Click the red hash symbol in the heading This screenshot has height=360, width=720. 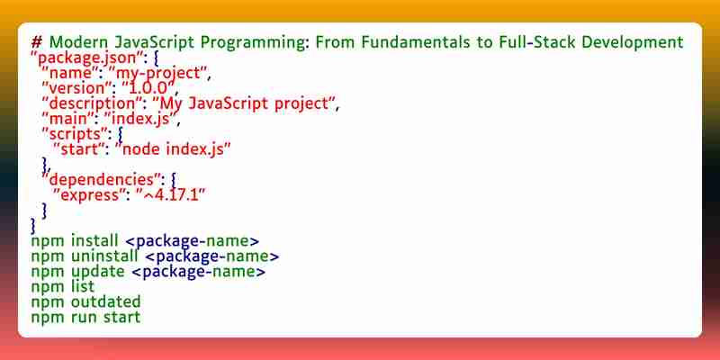(37, 42)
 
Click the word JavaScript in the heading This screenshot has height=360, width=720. (155, 42)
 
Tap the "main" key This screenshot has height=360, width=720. (67, 119)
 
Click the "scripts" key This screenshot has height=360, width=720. (75, 134)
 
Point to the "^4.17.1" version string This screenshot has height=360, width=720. (170, 195)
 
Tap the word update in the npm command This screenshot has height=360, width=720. (98, 272)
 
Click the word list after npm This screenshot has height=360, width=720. (83, 286)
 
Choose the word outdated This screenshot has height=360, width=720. (106, 301)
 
